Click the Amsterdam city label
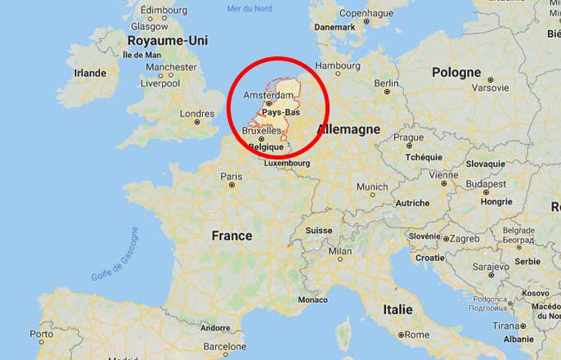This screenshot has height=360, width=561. click(x=268, y=96)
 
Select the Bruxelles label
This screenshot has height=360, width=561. click(x=262, y=131)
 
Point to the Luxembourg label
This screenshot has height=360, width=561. click(x=286, y=163)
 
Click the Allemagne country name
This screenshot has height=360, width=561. click(x=349, y=130)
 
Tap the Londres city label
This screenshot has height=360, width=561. click(x=196, y=114)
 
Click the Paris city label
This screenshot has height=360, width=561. click(x=231, y=176)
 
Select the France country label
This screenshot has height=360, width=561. click(x=232, y=236)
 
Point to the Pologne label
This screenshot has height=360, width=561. click(x=456, y=72)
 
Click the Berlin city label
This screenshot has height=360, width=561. click(x=386, y=83)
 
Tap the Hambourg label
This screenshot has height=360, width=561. click(x=338, y=65)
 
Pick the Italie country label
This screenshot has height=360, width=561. click(x=398, y=310)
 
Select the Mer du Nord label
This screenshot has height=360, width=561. click(x=249, y=8)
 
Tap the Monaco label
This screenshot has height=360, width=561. click(x=312, y=300)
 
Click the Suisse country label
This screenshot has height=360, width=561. click(x=319, y=231)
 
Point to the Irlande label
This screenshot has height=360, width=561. click(x=90, y=73)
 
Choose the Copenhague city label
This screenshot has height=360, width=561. click(x=366, y=13)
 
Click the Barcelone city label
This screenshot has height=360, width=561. click(x=225, y=346)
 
